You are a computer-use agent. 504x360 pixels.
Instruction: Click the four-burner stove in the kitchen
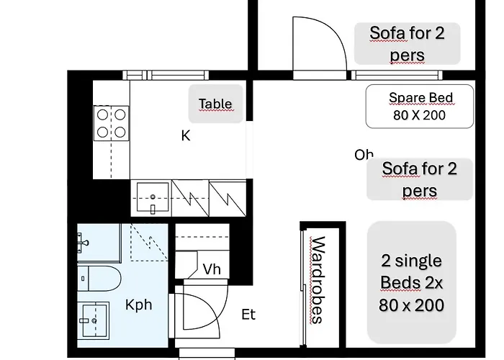pos(112,122)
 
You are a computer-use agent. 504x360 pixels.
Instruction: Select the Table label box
pos(215,104)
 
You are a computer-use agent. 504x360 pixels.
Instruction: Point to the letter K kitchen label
pos(185,135)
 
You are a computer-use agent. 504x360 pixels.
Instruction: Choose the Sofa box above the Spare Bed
pos(407,43)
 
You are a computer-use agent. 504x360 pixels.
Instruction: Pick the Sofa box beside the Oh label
pos(419,179)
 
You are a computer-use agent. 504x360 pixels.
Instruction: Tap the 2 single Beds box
pos(411,282)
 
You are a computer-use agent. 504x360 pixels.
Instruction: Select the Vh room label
pos(212,269)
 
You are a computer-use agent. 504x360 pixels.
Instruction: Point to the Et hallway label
pos(248,314)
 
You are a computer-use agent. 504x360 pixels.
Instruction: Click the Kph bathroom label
pos(138,305)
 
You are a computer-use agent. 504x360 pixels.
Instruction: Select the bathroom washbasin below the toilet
pos(93,315)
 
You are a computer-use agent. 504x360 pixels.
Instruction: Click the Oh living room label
pos(364,154)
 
